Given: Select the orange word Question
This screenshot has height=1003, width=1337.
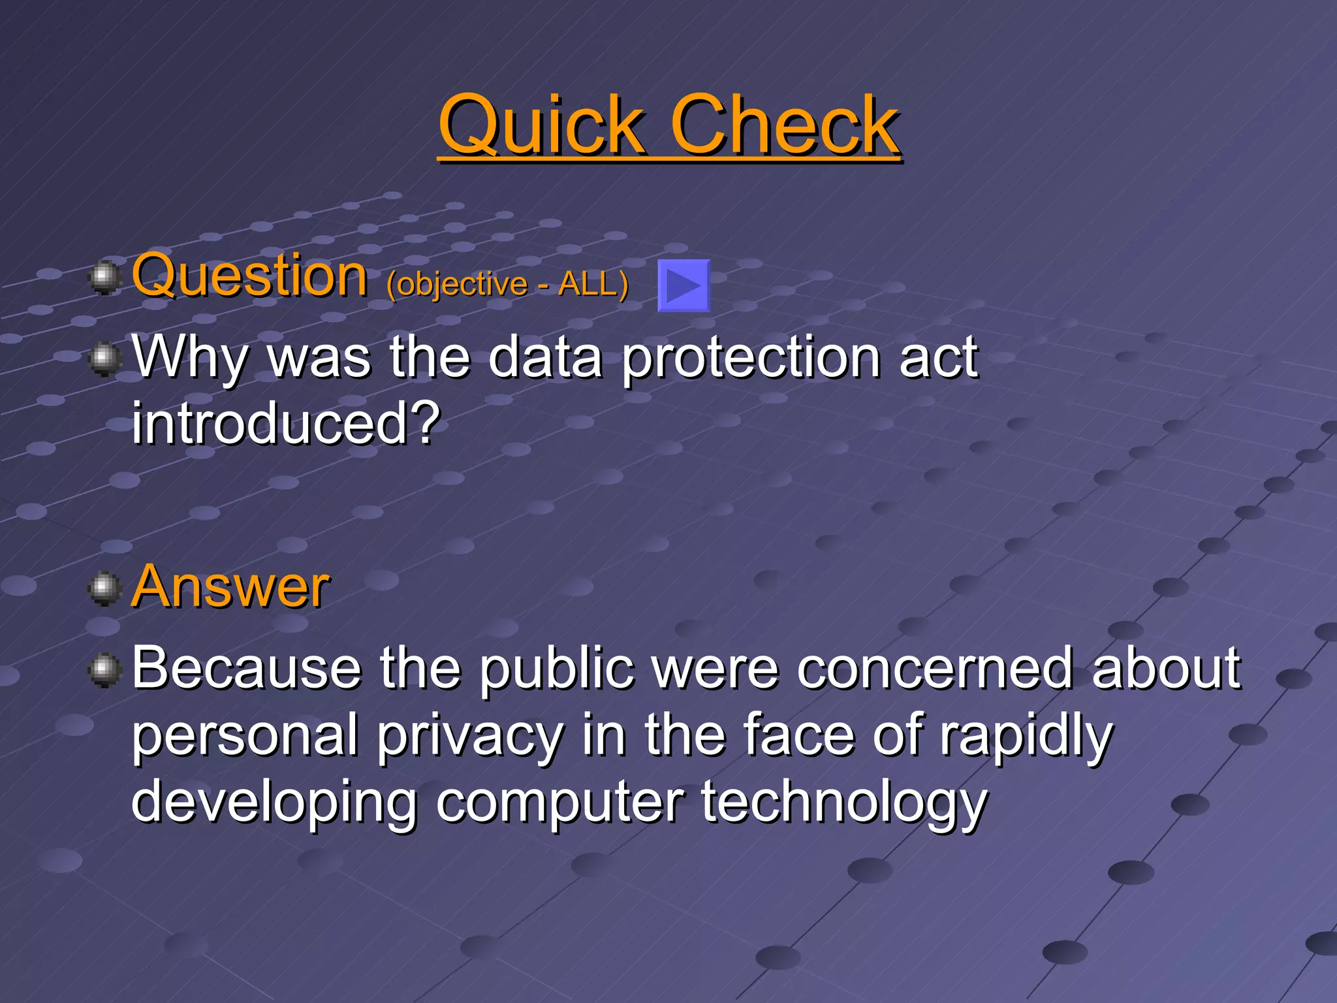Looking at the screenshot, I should (x=249, y=277).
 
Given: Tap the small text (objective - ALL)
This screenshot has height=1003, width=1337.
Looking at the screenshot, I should (x=507, y=284).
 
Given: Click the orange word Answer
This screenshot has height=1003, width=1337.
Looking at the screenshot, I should (x=230, y=587).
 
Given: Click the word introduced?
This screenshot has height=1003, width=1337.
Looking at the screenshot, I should (x=286, y=424).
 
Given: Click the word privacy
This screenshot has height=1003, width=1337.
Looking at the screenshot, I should (x=470, y=737).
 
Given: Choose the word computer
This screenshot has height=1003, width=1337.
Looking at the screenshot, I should (x=560, y=803).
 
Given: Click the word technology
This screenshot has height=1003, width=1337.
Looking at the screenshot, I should (x=845, y=803).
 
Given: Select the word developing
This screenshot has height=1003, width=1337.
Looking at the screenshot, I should (x=274, y=803).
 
